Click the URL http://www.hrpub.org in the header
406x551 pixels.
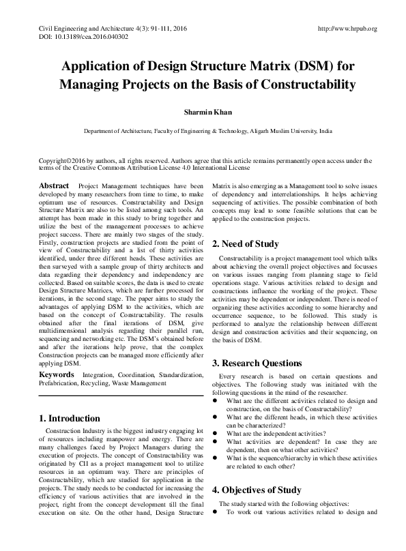point(348,29)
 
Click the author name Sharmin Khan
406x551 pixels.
point(202,110)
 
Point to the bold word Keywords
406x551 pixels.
point(56,374)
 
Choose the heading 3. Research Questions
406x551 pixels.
point(261,363)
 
